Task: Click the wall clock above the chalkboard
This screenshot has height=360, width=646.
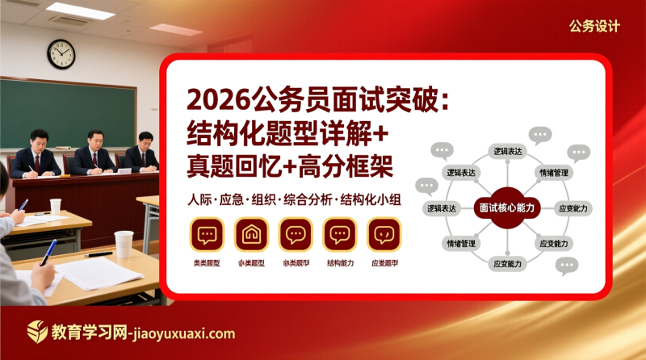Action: tap(61, 54)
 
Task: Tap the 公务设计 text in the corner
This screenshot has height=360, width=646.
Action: tap(594, 27)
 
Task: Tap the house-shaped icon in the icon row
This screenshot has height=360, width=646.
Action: tap(251, 235)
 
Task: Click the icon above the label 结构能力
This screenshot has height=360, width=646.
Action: tap(340, 235)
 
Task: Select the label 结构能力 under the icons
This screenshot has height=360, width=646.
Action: tap(340, 263)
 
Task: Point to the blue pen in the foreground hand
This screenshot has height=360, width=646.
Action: tap(48, 251)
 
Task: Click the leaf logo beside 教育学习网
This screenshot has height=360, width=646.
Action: tap(37, 332)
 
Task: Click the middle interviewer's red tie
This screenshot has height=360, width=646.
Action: tap(94, 159)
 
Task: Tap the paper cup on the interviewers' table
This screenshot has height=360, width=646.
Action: tap(56, 206)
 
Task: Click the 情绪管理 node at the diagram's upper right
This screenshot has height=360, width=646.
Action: tap(554, 173)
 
